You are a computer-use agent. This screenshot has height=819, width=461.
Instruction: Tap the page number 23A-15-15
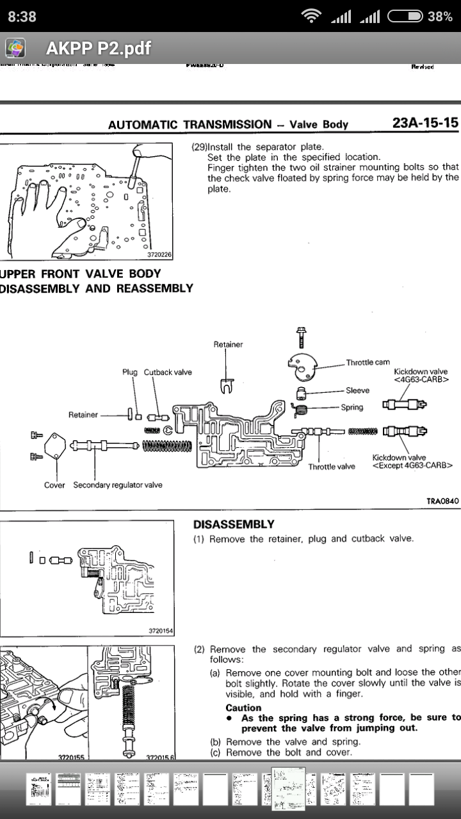tap(425, 122)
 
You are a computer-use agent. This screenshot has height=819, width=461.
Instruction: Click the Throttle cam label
tap(368, 362)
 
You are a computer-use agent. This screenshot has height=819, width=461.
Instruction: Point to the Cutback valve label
tap(168, 372)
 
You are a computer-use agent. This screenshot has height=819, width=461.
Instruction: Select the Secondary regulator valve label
tap(118, 485)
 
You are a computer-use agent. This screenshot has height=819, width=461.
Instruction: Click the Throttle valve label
tap(332, 466)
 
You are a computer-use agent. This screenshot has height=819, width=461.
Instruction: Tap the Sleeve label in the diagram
tap(357, 390)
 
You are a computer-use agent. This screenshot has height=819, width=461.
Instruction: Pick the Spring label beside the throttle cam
tap(352, 407)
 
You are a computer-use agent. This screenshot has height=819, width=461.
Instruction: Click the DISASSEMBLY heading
tap(234, 524)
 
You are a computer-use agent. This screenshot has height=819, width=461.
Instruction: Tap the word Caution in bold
tap(243, 708)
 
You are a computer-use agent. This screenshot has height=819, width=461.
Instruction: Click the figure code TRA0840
tap(442, 501)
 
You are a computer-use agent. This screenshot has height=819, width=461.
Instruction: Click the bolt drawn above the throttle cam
tap(301, 336)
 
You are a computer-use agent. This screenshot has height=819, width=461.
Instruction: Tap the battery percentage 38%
tap(440, 16)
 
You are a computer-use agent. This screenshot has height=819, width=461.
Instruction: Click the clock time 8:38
tap(22, 16)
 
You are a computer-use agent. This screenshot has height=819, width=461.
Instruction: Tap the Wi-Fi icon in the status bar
tap(312, 16)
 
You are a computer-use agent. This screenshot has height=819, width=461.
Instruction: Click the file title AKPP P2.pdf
tap(99, 48)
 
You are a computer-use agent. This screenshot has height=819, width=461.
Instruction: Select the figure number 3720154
tap(161, 631)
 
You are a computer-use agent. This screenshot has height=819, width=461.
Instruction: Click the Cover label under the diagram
tap(54, 485)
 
